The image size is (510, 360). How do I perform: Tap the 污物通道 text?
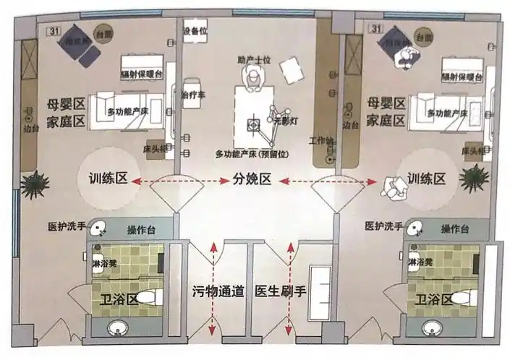[218, 293]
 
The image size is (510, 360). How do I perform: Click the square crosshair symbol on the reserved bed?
[253, 126]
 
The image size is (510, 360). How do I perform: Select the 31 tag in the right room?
[375, 29]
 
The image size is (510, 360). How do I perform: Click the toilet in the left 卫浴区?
[148, 296]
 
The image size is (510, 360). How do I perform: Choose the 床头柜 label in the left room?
[156, 148]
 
